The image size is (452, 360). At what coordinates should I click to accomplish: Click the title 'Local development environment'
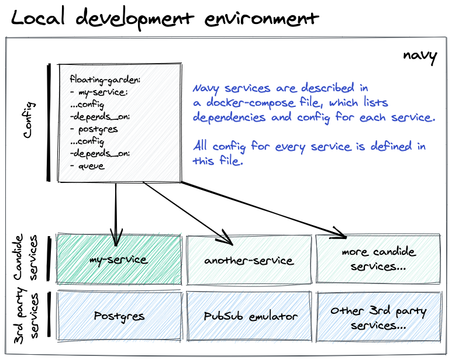[165, 19]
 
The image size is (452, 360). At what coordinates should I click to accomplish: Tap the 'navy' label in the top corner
[420, 56]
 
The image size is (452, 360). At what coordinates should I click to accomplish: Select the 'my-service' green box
[119, 259]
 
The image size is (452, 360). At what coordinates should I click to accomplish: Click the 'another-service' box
[249, 260]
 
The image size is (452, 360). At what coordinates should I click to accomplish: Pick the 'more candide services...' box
[378, 259]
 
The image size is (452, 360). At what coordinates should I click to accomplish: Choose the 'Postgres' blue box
[119, 316]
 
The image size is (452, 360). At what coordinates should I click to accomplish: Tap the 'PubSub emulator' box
[250, 316]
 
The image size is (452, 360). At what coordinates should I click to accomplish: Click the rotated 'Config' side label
[28, 120]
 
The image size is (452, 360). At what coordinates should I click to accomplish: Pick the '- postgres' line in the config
[94, 129]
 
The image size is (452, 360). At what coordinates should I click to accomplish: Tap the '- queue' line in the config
[88, 166]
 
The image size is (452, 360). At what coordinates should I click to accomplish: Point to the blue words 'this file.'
[217, 161]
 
